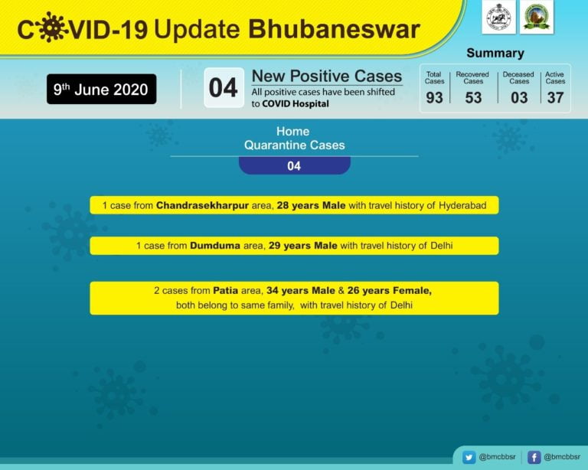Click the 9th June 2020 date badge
tap(101, 89)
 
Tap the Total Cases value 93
tap(434, 97)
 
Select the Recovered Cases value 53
tap(473, 97)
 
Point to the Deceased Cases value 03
tap(519, 97)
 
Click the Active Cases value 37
tap(555, 97)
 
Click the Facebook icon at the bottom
tap(534, 457)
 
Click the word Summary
tap(495, 53)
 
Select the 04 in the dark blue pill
tap(294, 165)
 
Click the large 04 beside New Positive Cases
tap(224, 88)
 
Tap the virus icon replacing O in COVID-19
tap(52, 28)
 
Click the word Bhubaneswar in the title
tap(335, 28)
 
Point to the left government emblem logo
tap(498, 17)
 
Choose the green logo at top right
tap(536, 17)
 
